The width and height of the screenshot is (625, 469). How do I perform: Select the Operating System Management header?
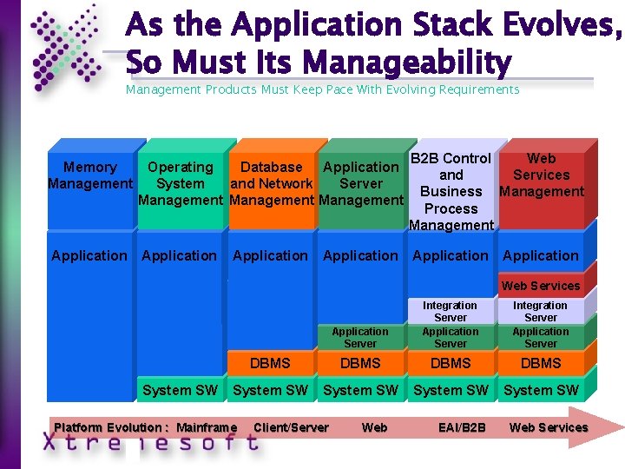[x=181, y=183]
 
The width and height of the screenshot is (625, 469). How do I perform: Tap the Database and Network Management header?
[x=271, y=183]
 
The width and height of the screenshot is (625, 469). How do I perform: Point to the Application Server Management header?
[x=361, y=183]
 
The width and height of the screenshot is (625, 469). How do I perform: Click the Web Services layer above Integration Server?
[x=541, y=286]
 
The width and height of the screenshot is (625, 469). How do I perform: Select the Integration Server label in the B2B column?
[x=450, y=311]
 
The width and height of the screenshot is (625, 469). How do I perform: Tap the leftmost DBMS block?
[x=270, y=363]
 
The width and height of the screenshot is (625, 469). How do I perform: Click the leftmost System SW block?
[x=180, y=390]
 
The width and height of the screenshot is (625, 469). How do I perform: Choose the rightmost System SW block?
[x=541, y=390]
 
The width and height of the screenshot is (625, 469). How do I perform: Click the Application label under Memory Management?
[x=89, y=255]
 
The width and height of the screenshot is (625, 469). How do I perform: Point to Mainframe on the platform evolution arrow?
[x=206, y=427]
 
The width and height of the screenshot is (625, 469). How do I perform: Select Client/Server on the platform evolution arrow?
[x=291, y=427]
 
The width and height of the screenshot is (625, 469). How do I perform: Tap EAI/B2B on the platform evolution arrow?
[x=463, y=427]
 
